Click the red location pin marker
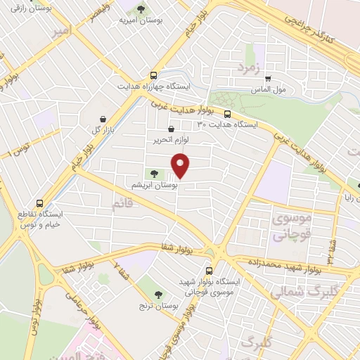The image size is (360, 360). point(181,167)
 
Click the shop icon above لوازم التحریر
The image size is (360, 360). point(172,129)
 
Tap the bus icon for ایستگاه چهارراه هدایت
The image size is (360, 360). point(153,75)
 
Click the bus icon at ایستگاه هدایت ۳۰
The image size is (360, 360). point(227,113)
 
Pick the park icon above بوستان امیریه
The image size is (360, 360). point(141,10)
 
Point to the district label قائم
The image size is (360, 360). point(122,204)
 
